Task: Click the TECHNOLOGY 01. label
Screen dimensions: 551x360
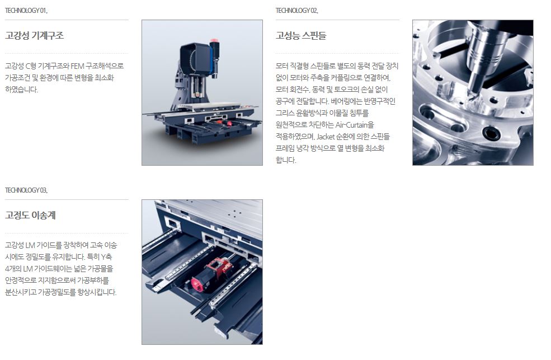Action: click(x=26, y=11)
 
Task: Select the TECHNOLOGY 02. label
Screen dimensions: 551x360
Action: click(x=296, y=11)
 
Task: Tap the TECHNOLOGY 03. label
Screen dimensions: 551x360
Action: click(x=26, y=190)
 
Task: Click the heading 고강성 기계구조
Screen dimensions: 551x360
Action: click(x=35, y=35)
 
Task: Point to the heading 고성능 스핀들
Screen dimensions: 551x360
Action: click(x=301, y=35)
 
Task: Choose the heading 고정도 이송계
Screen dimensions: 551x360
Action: click(x=30, y=215)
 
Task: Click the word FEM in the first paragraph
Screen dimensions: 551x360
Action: click(x=77, y=66)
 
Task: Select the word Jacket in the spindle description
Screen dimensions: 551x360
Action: click(x=325, y=137)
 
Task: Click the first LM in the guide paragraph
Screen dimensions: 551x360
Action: click(x=30, y=245)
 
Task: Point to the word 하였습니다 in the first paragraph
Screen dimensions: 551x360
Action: click(x=21, y=90)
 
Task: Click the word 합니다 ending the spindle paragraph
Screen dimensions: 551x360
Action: click(x=286, y=160)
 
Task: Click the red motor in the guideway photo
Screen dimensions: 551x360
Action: click(x=209, y=276)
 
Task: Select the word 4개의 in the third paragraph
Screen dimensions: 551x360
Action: click(x=13, y=269)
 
